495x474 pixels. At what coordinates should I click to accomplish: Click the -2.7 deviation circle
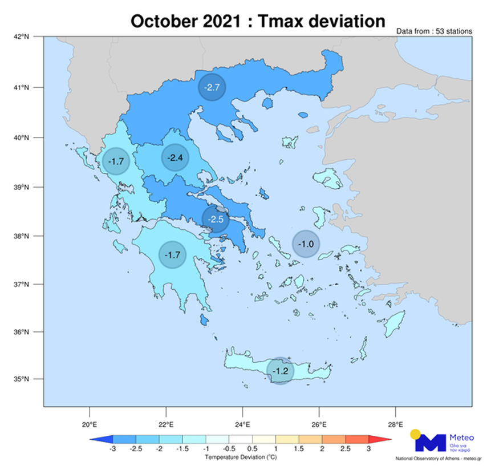pyautogui.click(x=212, y=87)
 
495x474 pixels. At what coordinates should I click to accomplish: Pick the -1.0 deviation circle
pyautogui.click(x=307, y=244)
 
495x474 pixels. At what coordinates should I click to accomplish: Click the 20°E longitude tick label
pyautogui.click(x=90, y=424)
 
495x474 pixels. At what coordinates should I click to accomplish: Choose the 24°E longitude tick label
pyautogui.click(x=242, y=424)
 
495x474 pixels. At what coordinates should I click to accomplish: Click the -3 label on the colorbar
pyautogui.click(x=112, y=449)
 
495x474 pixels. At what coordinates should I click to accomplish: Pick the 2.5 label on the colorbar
pyautogui.click(x=345, y=449)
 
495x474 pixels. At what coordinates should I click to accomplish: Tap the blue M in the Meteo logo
pyautogui.click(x=430, y=443)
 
